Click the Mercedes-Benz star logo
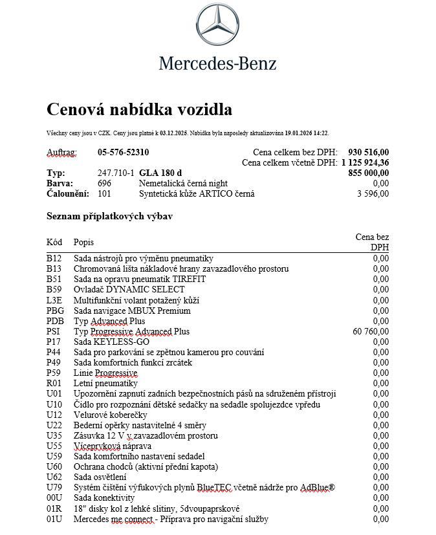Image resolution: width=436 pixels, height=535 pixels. (x=217, y=25)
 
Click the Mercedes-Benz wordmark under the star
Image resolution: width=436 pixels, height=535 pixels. (x=217, y=63)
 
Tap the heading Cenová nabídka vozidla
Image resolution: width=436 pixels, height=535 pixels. (x=139, y=109)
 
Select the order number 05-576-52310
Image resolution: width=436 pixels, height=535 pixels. (x=123, y=153)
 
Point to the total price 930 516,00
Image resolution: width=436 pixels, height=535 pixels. (x=368, y=153)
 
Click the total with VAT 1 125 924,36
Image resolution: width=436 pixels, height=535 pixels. (x=365, y=163)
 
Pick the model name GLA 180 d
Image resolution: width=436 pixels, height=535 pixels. (x=160, y=173)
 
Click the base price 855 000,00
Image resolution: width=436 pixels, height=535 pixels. (x=368, y=173)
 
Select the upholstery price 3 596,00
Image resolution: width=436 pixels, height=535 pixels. (x=373, y=194)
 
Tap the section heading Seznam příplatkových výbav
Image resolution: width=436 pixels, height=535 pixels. (x=109, y=216)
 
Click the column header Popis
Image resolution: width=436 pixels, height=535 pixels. (x=83, y=243)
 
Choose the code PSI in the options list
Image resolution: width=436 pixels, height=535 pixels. (x=53, y=331)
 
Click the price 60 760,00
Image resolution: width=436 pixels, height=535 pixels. (x=371, y=331)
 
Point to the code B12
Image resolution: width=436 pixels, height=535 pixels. (x=54, y=258)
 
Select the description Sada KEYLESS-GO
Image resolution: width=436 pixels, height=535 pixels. (x=111, y=342)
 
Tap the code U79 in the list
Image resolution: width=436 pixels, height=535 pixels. (x=54, y=488)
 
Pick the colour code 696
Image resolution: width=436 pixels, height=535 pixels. (x=105, y=184)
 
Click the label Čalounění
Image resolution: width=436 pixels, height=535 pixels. (x=68, y=194)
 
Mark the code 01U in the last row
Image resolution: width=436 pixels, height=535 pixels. (x=54, y=519)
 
